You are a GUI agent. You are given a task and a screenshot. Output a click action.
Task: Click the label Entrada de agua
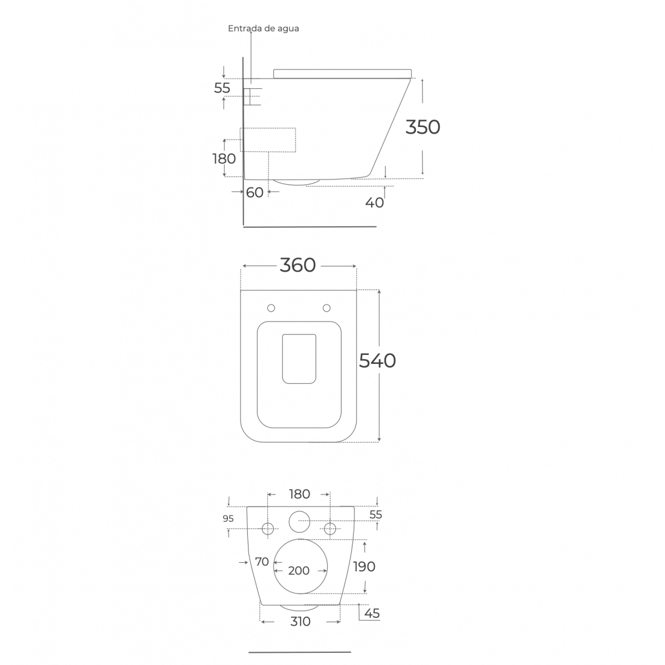tap(264, 28)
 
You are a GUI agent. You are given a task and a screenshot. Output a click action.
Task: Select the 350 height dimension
tap(423, 127)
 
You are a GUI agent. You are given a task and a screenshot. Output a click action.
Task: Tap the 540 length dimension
tap(377, 361)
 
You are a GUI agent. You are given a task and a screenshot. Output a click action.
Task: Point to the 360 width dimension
tap(297, 265)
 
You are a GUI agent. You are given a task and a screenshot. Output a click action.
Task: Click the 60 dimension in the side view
tap(255, 192)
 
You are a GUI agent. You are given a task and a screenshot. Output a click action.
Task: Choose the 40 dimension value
tap(374, 203)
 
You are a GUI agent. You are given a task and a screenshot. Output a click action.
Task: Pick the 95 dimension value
tap(228, 518)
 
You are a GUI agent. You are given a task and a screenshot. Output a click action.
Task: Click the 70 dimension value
tap(262, 562)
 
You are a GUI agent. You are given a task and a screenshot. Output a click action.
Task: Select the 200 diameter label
tap(299, 571)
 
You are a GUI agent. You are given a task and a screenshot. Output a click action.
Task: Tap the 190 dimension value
tap(365, 566)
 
